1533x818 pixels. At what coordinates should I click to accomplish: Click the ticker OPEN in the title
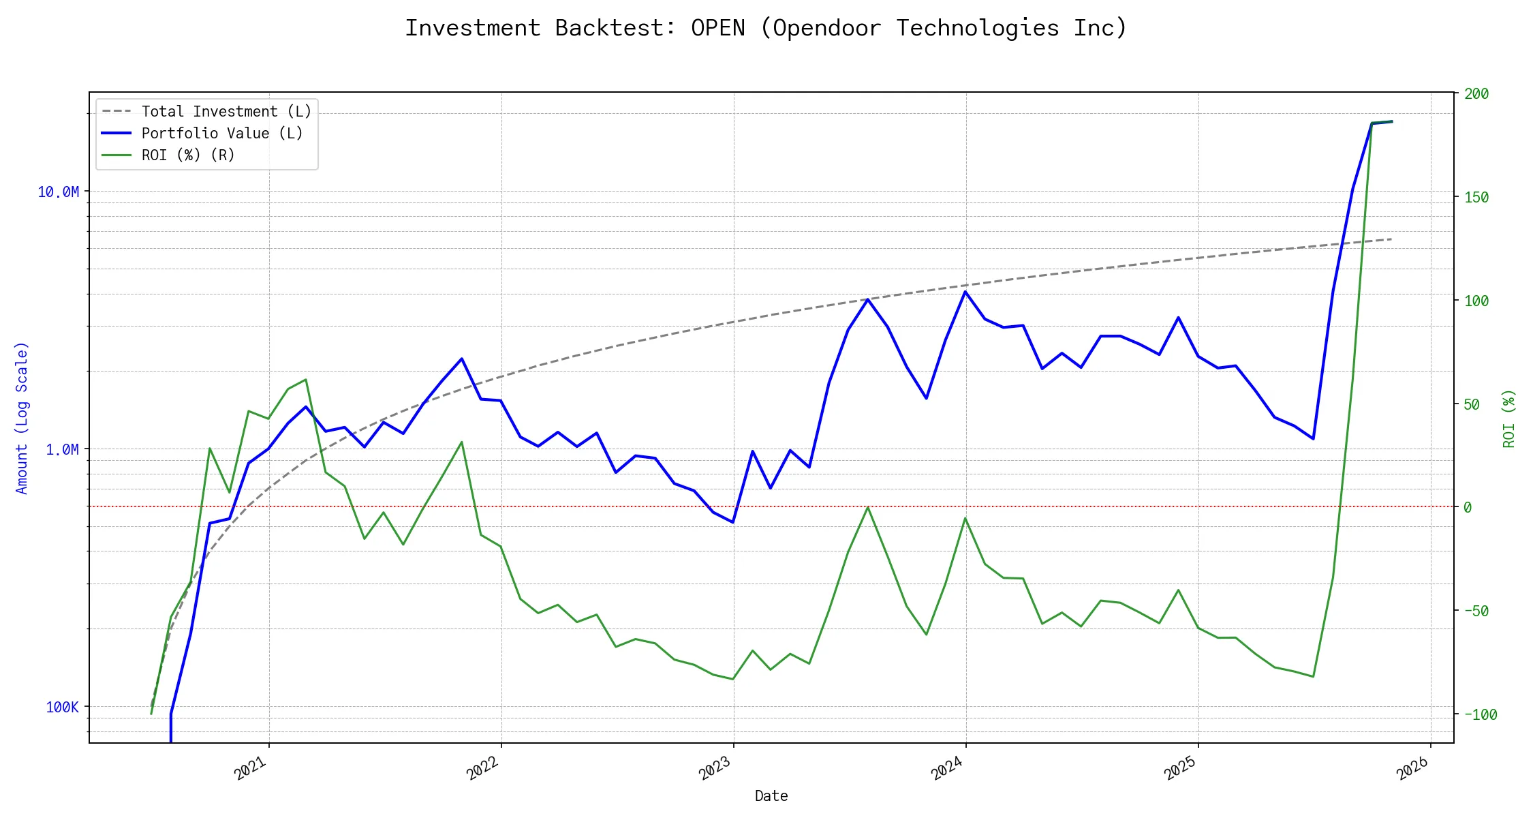[x=717, y=28]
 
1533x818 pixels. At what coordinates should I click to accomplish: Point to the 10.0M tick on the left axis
[x=58, y=192]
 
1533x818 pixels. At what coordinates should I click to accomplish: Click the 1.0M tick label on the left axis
[x=62, y=450]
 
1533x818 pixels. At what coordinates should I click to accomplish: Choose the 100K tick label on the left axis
[x=62, y=708]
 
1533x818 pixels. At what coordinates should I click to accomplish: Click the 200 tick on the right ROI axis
[x=1476, y=94]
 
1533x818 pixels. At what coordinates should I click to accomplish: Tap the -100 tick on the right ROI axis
[x=1480, y=715]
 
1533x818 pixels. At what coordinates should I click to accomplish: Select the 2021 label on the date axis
[x=251, y=769]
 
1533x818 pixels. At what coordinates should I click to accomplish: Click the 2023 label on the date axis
[x=715, y=769]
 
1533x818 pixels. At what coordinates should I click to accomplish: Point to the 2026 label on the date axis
[x=1412, y=769]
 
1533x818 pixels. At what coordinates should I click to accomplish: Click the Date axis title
[x=771, y=796]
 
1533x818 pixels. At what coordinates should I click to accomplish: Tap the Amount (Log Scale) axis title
[x=22, y=418]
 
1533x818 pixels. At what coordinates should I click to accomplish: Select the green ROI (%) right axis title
[x=1509, y=418]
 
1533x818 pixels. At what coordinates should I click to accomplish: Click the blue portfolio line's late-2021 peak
[x=462, y=359]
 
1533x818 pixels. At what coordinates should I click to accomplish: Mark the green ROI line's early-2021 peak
[x=306, y=380]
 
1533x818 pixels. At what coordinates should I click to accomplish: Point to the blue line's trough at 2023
[x=732, y=522]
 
